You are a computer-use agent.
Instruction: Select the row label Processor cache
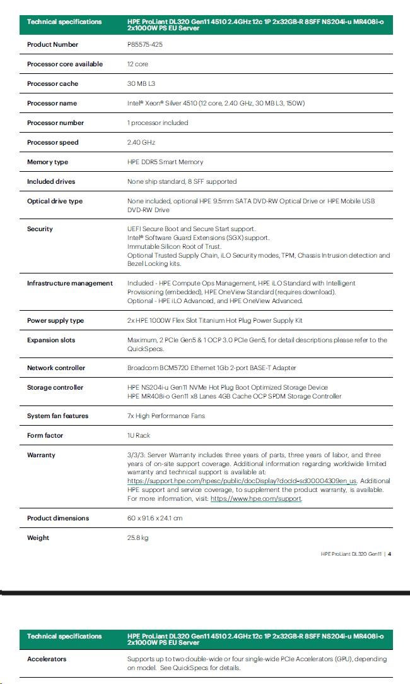[52, 84]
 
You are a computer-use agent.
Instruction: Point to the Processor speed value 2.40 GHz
[141, 143]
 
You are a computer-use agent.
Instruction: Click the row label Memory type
[47, 162]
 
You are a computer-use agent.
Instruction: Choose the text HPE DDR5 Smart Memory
[165, 162]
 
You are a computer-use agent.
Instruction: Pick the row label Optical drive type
[54, 201]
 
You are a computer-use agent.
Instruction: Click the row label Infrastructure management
[69, 284]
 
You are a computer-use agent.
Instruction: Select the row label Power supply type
[55, 321]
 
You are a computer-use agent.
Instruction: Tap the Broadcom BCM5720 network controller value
[211, 368]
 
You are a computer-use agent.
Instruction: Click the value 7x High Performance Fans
[166, 416]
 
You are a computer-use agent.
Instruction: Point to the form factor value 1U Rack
[139, 436]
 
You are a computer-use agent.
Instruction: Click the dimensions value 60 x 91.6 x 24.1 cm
[155, 519]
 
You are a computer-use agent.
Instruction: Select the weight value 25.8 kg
[138, 538]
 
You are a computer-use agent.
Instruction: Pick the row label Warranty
[41, 455]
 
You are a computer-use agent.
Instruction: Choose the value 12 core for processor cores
[138, 64]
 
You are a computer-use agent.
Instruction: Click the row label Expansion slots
[51, 340]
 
